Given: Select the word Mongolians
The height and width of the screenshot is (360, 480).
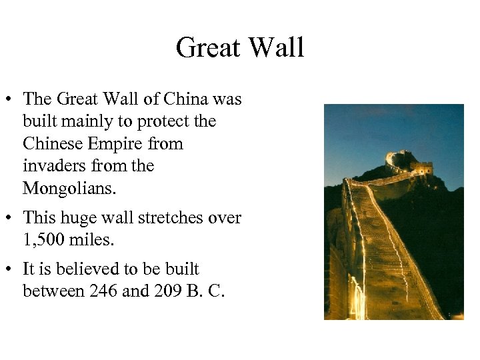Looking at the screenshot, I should pos(69,189).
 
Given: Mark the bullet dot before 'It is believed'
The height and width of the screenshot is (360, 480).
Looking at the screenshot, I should pos(9,269).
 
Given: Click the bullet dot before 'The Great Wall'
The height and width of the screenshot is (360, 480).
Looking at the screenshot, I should pos(9,99).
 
